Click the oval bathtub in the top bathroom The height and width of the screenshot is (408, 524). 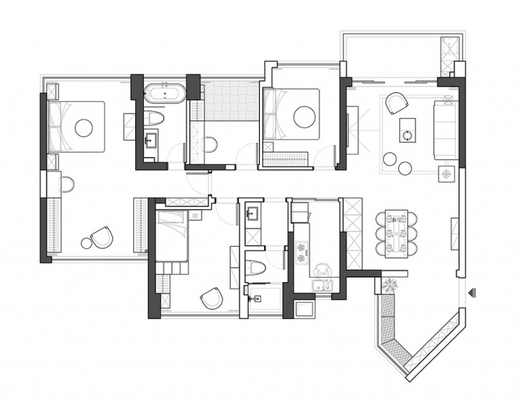pos(164,92)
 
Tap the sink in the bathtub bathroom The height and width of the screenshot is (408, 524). pos(151,141)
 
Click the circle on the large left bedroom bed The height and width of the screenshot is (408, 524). pos(83,127)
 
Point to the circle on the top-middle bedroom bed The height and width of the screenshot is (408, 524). pos(304,117)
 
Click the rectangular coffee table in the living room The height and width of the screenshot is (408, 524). pos(407,129)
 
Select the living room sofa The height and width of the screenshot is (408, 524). pos(445,131)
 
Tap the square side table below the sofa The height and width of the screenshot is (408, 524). pos(447,174)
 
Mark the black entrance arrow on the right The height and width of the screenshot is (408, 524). pos(472,293)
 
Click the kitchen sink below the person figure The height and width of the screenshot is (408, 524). pos(320,286)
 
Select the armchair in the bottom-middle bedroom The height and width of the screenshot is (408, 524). pos(212,298)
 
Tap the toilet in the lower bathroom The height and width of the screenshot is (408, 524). pos(256,267)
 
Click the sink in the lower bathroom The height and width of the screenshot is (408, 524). pos(252,213)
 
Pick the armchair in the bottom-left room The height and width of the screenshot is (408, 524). pos(102,237)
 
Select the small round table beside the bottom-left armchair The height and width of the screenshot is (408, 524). pos(87,243)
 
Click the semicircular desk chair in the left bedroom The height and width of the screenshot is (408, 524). pos(66,184)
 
